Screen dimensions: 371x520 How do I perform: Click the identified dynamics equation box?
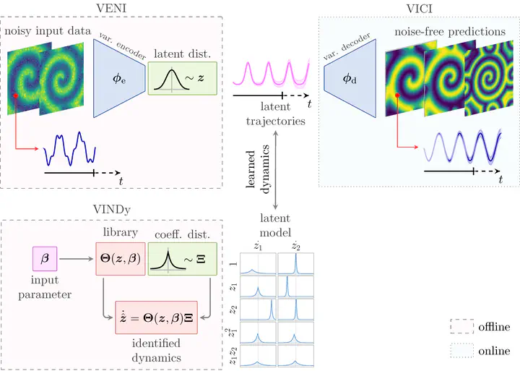(x=155, y=316)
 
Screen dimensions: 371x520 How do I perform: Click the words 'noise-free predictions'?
(x=449, y=32)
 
